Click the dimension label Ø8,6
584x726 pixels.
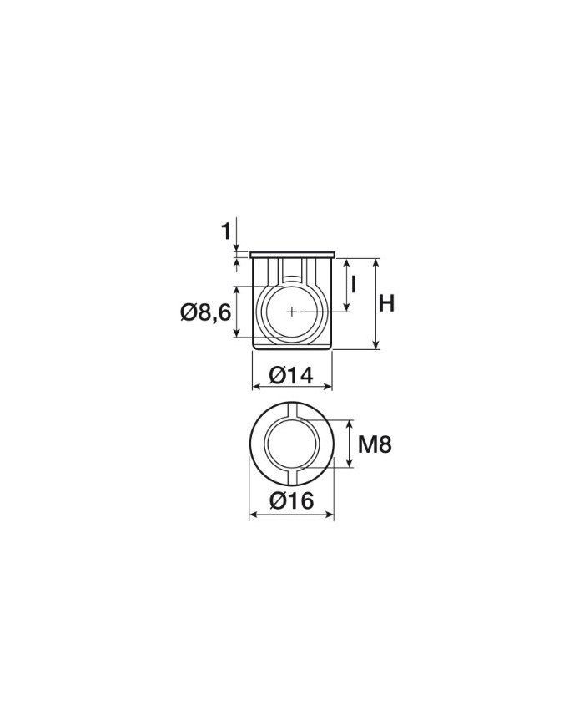click(x=205, y=313)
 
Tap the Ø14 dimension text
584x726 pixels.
click(x=292, y=375)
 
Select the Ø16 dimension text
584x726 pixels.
click(x=292, y=500)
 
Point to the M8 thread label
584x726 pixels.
click(x=375, y=445)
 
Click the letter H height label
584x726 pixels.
click(x=386, y=304)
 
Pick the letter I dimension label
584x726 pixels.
click(x=353, y=285)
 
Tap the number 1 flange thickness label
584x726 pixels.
click(x=225, y=231)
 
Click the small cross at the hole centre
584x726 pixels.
click(x=292, y=312)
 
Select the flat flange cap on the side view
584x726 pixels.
click(x=292, y=255)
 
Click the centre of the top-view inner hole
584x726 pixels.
click(x=292, y=444)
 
